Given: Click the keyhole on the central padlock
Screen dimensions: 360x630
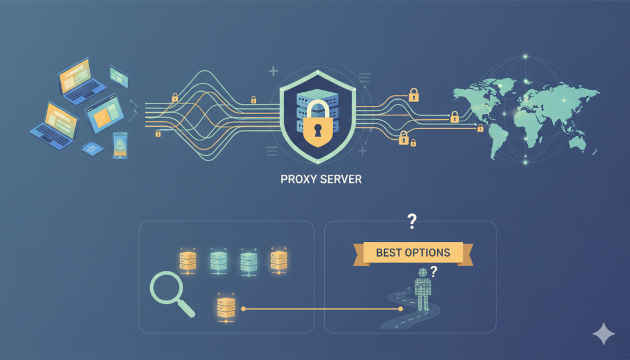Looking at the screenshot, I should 318,130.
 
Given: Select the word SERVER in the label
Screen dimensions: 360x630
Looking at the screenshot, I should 340,180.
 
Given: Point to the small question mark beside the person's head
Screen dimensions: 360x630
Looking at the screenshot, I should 434,271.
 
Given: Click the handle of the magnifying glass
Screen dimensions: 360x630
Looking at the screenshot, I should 187,309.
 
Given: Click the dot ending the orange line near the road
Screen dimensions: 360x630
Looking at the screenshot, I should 401,308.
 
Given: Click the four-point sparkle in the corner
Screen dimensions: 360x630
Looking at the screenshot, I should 603,334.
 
